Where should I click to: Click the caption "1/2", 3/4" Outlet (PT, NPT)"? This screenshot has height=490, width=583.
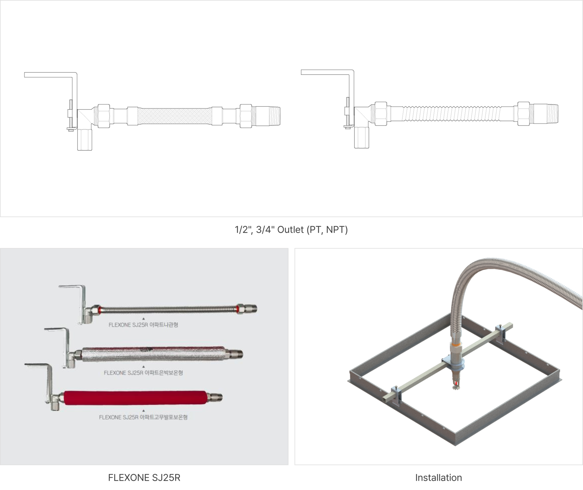coord(291,230)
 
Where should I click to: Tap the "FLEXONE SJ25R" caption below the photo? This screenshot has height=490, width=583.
coord(144,478)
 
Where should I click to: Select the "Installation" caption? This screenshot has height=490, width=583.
coord(438,478)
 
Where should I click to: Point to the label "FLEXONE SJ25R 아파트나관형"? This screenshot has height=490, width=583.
coord(143,325)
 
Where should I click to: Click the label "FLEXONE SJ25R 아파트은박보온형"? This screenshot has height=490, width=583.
coord(143,373)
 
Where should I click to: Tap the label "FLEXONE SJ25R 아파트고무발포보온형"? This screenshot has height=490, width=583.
coord(143,417)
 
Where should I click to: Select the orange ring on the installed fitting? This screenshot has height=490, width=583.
coord(455,345)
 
